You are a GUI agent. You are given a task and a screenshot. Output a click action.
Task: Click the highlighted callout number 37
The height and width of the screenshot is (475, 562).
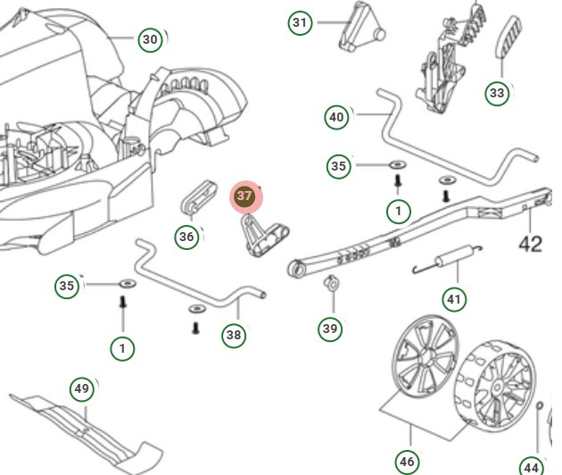(244, 196)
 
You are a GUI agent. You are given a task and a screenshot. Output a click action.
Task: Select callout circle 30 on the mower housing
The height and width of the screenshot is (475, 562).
(151, 39)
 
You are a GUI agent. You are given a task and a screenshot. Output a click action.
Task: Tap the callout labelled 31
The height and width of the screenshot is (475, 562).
(301, 22)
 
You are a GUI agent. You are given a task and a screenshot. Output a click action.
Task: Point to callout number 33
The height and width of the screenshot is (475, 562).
(497, 93)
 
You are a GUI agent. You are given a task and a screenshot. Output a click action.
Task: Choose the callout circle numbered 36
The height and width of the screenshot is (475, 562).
(186, 237)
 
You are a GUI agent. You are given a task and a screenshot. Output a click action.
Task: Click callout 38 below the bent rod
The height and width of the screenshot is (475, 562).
(234, 334)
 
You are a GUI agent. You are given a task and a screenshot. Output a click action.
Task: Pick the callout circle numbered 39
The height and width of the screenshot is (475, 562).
(330, 329)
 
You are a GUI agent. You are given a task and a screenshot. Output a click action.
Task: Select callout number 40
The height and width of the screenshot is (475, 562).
(336, 117)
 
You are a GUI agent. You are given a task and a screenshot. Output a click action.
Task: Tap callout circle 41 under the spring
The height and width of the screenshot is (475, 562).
(454, 298)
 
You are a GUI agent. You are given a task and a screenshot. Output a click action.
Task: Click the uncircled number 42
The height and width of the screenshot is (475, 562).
(531, 244)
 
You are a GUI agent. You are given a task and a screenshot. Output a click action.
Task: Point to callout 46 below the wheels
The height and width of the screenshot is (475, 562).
(407, 462)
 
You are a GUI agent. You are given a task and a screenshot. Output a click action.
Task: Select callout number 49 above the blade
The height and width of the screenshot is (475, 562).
(82, 389)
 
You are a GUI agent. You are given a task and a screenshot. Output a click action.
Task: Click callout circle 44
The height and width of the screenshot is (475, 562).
(531, 466)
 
